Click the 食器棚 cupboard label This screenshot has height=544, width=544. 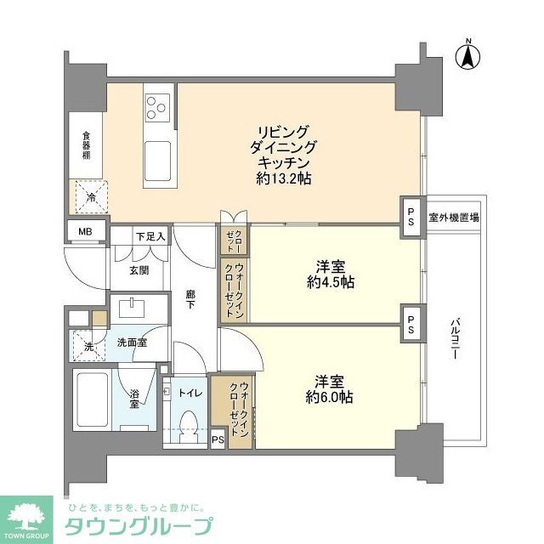point(86,144)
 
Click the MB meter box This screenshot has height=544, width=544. point(85,230)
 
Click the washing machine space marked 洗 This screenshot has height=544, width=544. point(88,345)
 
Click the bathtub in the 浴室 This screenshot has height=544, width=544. point(94,399)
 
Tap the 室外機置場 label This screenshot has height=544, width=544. point(453,218)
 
